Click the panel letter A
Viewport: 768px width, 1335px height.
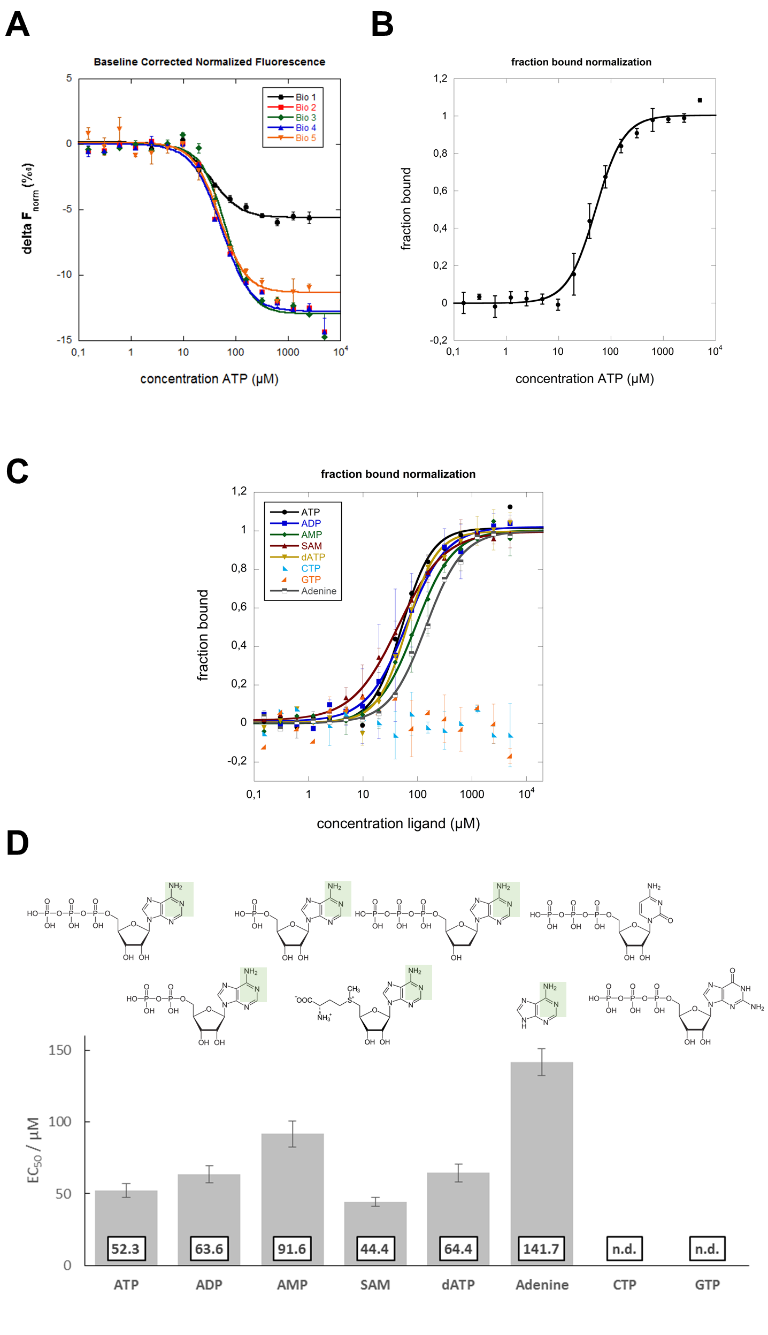(17, 25)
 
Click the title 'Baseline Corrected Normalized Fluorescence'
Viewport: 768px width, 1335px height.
(209, 62)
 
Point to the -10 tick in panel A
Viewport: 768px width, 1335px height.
(64, 274)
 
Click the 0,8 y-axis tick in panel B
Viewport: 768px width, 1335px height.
(440, 153)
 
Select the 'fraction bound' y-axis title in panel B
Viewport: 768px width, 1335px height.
(406, 209)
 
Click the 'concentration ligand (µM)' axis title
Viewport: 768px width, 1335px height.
(398, 823)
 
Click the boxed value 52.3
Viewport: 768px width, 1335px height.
(125, 1249)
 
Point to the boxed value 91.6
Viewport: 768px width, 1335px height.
(291, 1249)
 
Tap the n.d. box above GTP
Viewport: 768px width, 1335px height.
(706, 1249)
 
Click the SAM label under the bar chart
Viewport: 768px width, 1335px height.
(374, 1285)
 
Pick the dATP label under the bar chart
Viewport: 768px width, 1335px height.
(458, 1285)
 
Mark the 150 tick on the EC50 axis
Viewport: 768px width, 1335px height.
(60, 1050)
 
